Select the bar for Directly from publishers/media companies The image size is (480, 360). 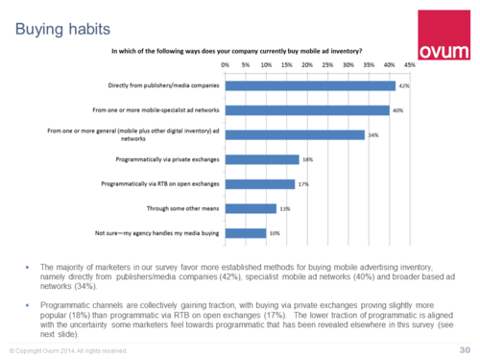310,85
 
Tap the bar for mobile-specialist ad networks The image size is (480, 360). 306,109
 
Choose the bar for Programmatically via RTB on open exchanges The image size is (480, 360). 259,183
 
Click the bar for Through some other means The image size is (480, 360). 251,207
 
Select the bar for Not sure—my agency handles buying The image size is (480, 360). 245,232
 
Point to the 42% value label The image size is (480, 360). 404,85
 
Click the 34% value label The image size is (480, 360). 372,134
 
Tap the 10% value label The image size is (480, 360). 273,232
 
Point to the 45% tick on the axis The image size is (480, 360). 409,65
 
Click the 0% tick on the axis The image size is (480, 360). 225,65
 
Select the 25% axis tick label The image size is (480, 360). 326,65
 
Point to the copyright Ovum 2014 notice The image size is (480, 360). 67,348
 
